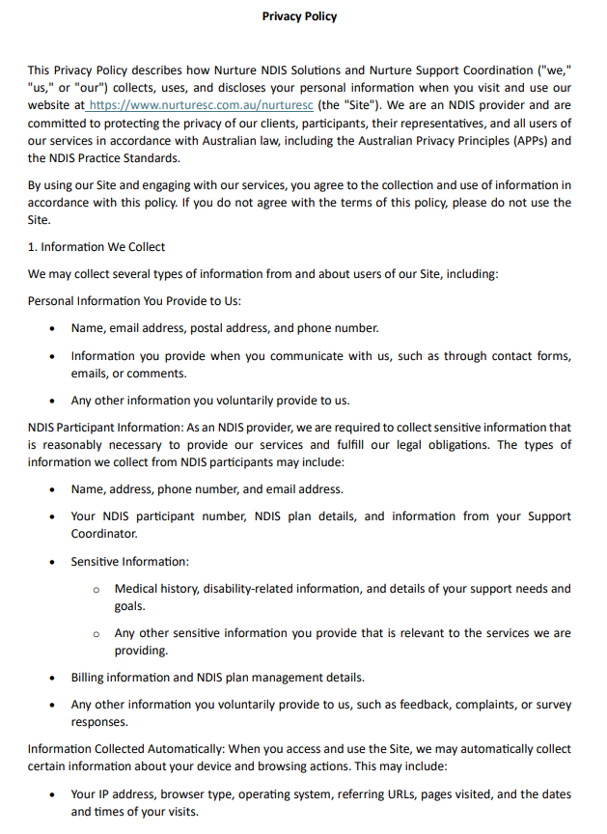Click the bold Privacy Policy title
coord(299,16)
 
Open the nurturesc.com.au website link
coord(202,105)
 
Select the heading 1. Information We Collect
coord(97,247)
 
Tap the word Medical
coord(137,588)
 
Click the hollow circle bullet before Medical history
coord(97,589)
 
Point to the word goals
coord(129,606)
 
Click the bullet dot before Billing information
coord(53,678)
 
